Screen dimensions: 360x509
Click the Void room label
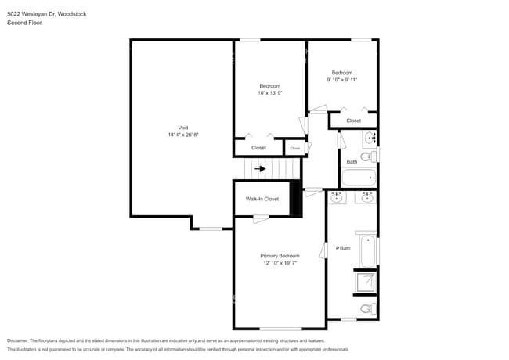pos(182,128)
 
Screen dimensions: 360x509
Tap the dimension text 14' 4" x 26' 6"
pos(182,135)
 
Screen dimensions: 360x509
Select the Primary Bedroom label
pos(280,256)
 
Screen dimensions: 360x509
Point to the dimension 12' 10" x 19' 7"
pos(280,263)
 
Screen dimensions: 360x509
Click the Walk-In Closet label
pos(262,199)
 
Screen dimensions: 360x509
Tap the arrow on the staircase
pos(260,168)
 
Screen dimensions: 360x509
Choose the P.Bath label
pos(343,248)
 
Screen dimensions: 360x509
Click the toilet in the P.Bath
pos(367,309)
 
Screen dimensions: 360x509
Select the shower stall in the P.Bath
pos(366,283)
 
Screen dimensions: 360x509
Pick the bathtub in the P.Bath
pos(366,249)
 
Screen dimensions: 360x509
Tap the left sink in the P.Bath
pos(338,198)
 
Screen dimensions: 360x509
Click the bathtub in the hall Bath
pos(358,178)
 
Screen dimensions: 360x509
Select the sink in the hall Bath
pos(370,139)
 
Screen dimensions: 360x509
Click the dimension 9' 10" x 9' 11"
pos(342,79)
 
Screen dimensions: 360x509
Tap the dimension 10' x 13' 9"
pos(269,93)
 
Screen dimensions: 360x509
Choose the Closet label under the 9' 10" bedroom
pos(353,121)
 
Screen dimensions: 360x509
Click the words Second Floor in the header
pos(24,23)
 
